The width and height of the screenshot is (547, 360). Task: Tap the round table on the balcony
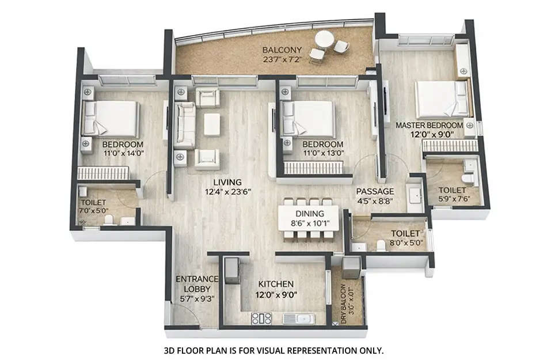pyautogui.click(x=324, y=39)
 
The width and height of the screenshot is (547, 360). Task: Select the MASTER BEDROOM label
pyautogui.click(x=429, y=124)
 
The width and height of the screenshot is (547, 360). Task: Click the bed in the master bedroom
pyautogui.click(x=442, y=99)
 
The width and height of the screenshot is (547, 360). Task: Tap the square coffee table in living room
pyautogui.click(x=212, y=124)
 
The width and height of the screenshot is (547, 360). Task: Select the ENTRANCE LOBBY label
pyautogui.click(x=197, y=284)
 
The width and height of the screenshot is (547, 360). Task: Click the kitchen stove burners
pyautogui.click(x=261, y=318)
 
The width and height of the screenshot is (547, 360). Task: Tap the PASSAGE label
pyautogui.click(x=375, y=191)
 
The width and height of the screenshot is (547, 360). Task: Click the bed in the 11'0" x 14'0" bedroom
pyautogui.click(x=112, y=118)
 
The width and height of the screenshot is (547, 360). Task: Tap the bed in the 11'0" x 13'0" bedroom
pyautogui.click(x=308, y=119)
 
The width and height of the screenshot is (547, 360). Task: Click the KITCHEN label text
pyautogui.click(x=276, y=284)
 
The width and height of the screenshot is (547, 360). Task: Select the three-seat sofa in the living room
pyautogui.click(x=185, y=124)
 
